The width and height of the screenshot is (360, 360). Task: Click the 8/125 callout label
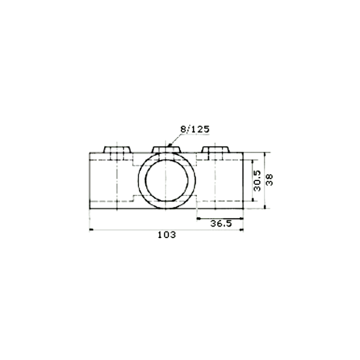pos(195,129)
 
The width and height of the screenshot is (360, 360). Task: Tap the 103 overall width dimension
pos(167,235)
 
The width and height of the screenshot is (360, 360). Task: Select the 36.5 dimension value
pos(221,224)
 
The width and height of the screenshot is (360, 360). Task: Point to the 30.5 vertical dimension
pos(257,180)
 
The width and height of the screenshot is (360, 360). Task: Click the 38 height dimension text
pos(270,180)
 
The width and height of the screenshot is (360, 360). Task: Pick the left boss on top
pos(117,149)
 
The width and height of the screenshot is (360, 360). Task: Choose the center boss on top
pos(166,149)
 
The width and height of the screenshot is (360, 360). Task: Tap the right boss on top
pos(216,149)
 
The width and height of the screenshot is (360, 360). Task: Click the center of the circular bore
pos(167,180)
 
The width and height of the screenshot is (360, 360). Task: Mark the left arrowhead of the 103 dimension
pos(91,229)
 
